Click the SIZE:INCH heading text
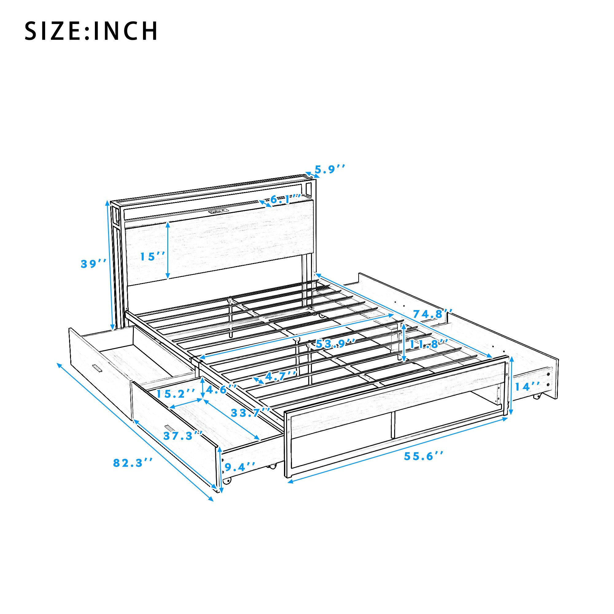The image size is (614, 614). [91, 31]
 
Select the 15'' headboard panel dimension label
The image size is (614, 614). [153, 256]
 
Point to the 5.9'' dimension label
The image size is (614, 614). [329, 169]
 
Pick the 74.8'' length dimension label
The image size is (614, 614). [433, 314]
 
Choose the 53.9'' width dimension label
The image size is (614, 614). [336, 344]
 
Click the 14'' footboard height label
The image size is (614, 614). [527, 387]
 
